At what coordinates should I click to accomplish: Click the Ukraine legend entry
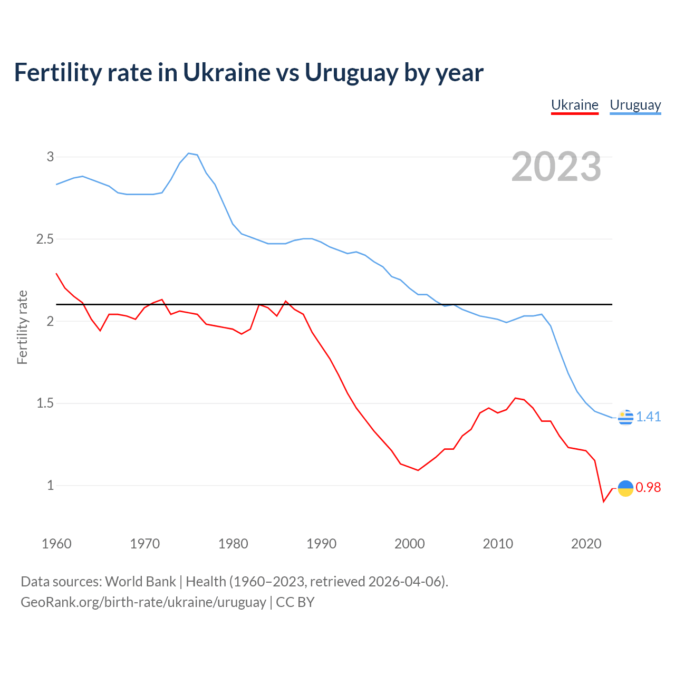(x=575, y=105)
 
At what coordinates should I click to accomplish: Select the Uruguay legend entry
(x=635, y=105)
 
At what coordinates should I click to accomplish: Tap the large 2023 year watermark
(x=556, y=167)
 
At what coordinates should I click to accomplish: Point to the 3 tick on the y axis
(x=51, y=157)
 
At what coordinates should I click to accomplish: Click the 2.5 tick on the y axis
(x=45, y=239)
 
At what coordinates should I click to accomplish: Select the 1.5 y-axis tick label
(x=45, y=403)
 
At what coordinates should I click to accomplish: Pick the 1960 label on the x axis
(x=56, y=544)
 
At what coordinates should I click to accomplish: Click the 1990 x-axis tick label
(x=321, y=544)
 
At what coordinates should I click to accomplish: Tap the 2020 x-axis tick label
(x=586, y=544)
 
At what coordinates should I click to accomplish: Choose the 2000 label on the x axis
(x=409, y=544)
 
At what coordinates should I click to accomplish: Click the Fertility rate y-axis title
(x=22, y=327)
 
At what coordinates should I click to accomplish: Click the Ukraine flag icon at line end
(x=625, y=488)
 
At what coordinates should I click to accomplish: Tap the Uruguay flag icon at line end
(x=625, y=417)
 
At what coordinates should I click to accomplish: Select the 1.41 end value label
(x=648, y=417)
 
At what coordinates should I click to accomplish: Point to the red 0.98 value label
(x=648, y=488)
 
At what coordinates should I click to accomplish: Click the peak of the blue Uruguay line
(x=189, y=153)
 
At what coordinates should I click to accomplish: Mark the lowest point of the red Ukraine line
(x=604, y=502)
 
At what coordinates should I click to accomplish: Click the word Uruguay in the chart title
(x=351, y=73)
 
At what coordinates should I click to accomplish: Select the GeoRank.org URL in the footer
(x=143, y=602)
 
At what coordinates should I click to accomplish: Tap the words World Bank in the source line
(x=140, y=582)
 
